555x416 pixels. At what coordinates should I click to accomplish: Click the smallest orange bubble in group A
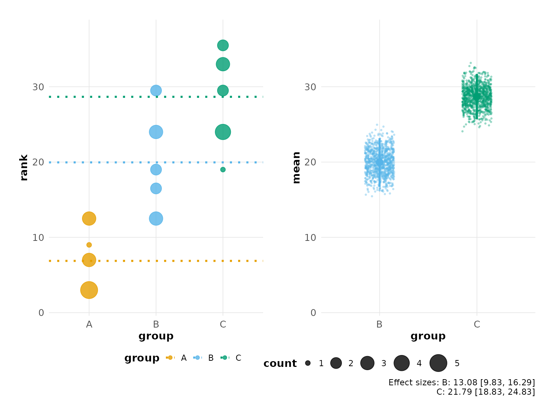point(89,245)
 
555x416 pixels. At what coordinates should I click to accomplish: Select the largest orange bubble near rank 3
point(89,290)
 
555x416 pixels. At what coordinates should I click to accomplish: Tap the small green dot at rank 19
point(223,170)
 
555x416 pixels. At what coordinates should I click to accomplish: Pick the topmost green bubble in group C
point(223,45)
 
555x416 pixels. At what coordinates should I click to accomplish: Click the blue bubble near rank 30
point(156,90)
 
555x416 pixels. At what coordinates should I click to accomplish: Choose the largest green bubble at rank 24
point(223,132)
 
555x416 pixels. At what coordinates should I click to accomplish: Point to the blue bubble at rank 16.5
point(156,188)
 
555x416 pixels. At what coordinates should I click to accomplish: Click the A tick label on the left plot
point(89,324)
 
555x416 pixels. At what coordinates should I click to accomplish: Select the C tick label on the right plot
point(477,324)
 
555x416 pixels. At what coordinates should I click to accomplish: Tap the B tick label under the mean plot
point(379,324)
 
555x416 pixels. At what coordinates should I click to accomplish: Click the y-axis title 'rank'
point(24,168)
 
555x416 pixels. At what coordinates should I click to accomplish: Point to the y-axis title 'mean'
point(296,168)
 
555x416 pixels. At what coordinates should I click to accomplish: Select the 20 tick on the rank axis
point(38,162)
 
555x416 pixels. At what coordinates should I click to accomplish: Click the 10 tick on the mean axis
point(310,238)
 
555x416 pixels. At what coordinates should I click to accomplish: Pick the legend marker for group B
point(197,357)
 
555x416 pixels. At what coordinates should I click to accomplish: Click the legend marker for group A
point(170,357)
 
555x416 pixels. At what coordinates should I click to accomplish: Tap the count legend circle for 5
point(438,363)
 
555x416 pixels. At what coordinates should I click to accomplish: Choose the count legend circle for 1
point(308,363)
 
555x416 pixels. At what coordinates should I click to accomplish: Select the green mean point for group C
point(477,97)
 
